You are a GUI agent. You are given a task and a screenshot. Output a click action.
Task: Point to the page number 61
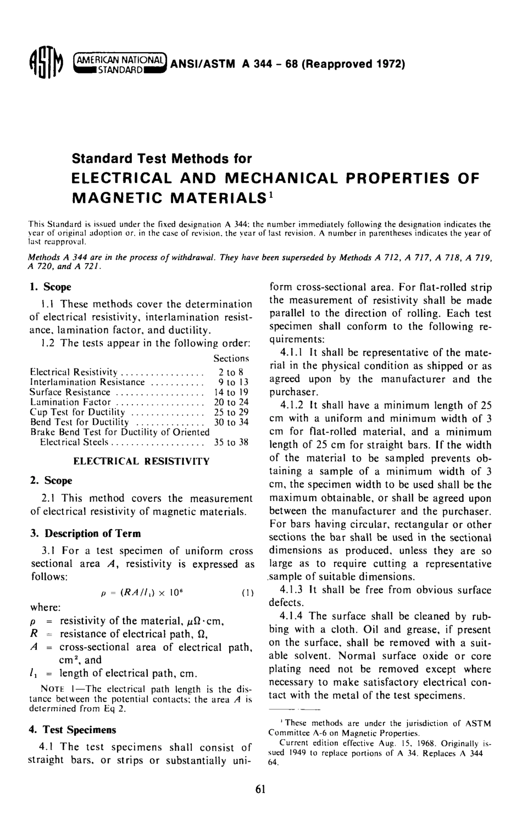pyautogui.click(x=260, y=789)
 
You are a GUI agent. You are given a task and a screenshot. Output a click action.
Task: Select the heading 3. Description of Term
pyautogui.click(x=85, y=533)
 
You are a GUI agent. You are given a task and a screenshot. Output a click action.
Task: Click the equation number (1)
pyautogui.click(x=247, y=593)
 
